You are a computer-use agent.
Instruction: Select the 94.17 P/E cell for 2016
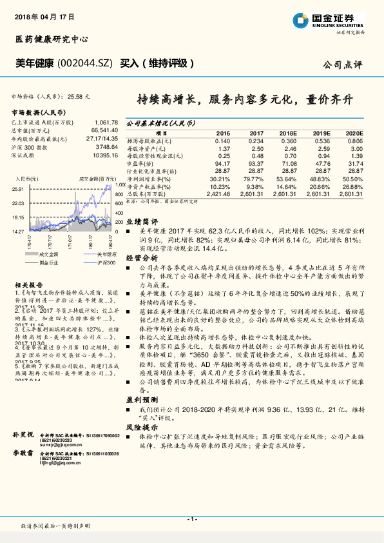coord(221,164)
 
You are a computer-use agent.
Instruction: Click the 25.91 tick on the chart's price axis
coord(18,189)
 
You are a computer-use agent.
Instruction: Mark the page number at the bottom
coord(191,520)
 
